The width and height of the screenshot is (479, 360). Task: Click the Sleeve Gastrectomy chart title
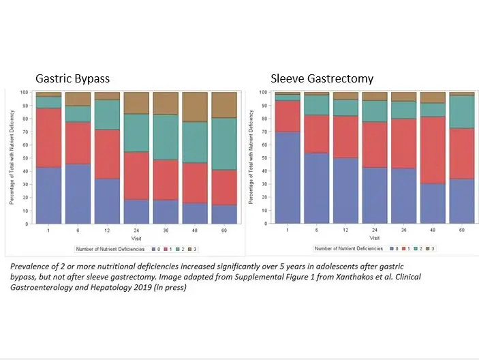click(x=322, y=78)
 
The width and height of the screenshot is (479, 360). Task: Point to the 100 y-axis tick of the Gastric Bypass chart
click(x=24, y=92)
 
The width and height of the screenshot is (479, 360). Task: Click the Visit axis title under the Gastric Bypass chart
click(x=135, y=239)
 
